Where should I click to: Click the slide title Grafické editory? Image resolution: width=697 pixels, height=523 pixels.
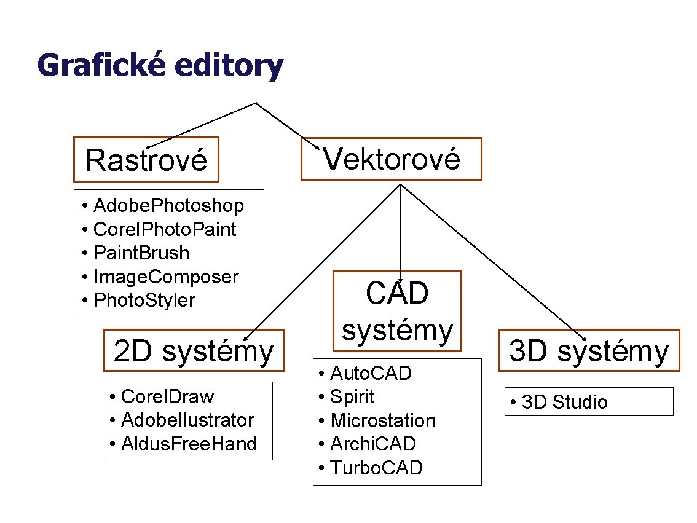160,66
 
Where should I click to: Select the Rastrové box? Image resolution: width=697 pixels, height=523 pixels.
146,160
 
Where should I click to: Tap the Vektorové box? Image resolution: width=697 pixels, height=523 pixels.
392,159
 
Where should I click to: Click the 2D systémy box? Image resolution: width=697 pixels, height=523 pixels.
194,351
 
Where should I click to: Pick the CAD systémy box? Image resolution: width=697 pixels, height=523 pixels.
397,312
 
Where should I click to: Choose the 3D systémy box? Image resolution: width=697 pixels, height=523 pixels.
588,351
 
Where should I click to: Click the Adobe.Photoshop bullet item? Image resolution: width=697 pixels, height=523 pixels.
168,205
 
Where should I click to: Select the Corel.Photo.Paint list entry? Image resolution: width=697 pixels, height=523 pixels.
165,229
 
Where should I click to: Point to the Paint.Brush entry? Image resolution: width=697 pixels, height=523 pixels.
141,253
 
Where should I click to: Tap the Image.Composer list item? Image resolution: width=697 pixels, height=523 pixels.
166,277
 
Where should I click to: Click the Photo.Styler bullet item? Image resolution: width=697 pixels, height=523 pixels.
144,300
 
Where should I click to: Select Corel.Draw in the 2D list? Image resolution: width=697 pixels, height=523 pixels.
167,396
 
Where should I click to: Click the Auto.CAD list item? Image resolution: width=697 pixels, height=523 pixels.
371,372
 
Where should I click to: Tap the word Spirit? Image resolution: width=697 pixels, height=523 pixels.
352,396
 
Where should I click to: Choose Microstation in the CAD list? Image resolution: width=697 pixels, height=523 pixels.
383,420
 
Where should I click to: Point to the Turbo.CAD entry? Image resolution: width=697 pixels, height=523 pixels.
376,468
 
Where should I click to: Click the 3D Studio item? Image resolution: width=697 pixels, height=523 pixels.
564,402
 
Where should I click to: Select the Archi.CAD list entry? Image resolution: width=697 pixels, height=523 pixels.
373,444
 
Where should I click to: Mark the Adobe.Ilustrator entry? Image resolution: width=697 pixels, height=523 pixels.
187,420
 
